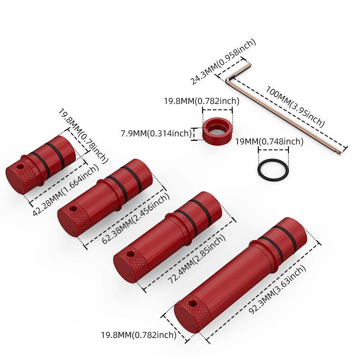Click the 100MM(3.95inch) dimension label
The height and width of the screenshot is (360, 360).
pos(295,105)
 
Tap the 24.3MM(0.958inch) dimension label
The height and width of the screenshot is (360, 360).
pos(222,61)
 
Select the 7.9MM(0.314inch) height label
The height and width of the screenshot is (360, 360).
pos(156,134)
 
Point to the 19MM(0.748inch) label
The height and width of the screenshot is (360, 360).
pos(269,142)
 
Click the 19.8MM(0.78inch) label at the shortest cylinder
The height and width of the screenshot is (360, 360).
pos(83,135)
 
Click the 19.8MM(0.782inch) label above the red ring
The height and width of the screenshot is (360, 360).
pos(201,101)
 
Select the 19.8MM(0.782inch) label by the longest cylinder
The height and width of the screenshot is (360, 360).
pos(138,335)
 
